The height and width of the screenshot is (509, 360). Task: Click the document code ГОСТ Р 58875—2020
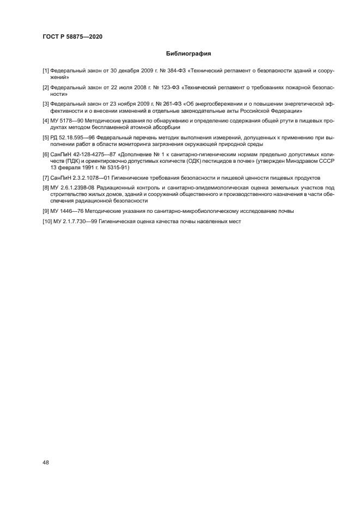(x=72, y=36)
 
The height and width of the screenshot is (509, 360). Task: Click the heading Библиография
(x=188, y=54)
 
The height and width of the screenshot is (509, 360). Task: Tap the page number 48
(x=46, y=462)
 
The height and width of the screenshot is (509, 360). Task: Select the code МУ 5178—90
(x=67, y=121)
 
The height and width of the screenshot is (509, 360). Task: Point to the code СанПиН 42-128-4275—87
(x=83, y=154)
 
